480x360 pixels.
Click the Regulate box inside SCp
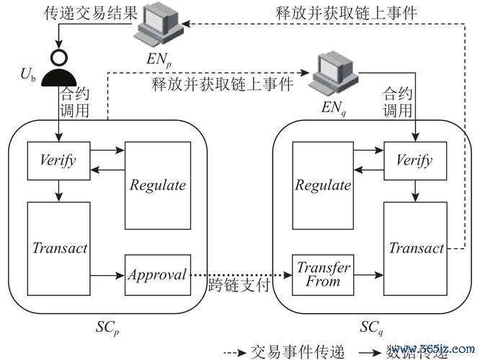click(157, 184)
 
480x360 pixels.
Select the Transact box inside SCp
click(59, 249)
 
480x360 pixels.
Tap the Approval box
click(157, 274)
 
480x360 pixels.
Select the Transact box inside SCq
click(416, 249)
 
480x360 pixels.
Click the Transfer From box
click(324, 274)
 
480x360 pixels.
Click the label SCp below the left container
click(108, 328)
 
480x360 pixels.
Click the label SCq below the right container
click(373, 328)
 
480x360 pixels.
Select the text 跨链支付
click(238, 285)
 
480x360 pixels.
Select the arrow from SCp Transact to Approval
click(107, 274)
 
